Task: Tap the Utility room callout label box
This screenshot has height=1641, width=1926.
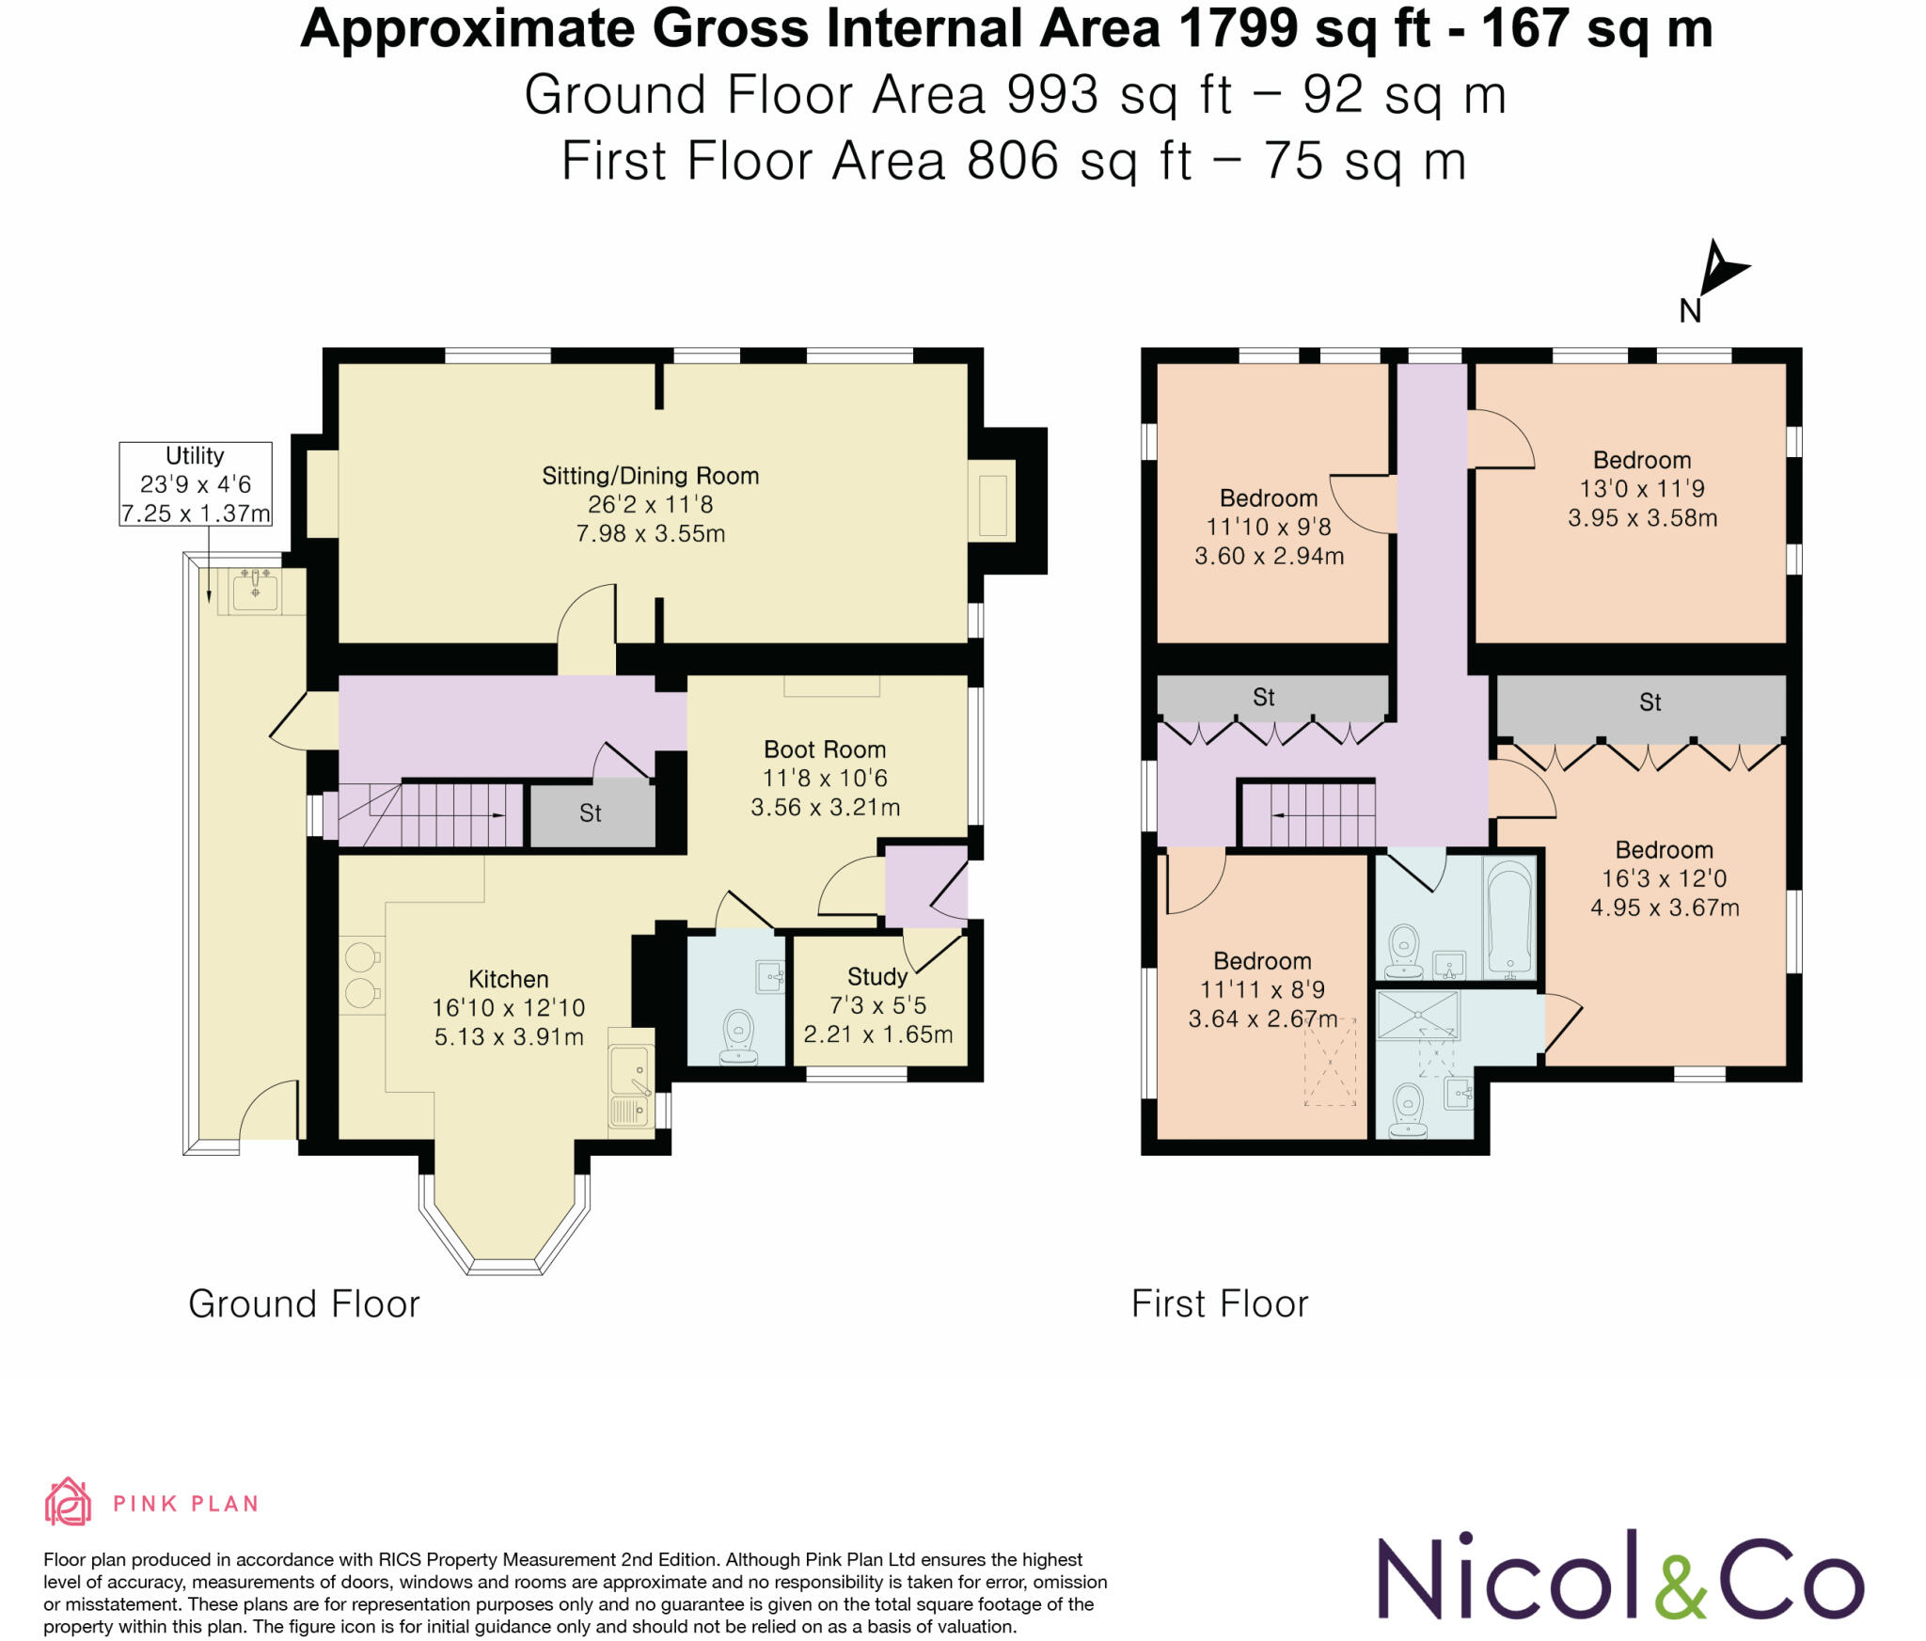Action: (196, 484)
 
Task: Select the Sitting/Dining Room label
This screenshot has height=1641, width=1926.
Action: (651, 504)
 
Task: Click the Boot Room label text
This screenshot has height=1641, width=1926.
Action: (825, 778)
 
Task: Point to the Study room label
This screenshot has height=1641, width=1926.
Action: (877, 1005)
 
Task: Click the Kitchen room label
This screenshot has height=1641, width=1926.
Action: (509, 1007)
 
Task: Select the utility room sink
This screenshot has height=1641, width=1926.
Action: (255, 591)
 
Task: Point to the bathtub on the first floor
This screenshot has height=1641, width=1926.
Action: (1509, 917)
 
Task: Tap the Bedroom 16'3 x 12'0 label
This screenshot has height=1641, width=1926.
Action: (1665, 878)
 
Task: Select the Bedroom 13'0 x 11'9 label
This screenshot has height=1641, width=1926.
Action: (1642, 488)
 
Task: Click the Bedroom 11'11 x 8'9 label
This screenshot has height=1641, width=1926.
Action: (1262, 989)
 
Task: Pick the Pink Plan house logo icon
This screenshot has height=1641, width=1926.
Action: (68, 1502)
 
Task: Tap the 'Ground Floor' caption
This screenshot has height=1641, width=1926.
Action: (304, 1304)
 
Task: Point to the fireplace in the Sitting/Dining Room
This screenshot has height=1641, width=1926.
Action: (993, 505)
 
